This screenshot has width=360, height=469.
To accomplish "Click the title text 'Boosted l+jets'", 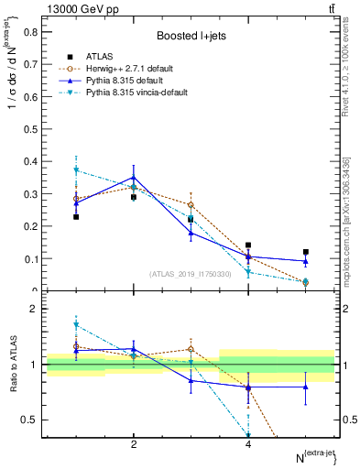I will pyautogui.click(x=191, y=36).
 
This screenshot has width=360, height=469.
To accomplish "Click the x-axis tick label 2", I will pyautogui.click(x=134, y=444).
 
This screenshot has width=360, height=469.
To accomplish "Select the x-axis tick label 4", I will pyautogui.click(x=248, y=444).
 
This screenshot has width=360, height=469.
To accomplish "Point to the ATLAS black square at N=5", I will pyautogui.click(x=306, y=252).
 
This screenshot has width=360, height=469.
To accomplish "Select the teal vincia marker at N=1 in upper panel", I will pyautogui.click(x=76, y=170).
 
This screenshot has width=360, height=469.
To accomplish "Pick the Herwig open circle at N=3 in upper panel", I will pyautogui.click(x=191, y=205).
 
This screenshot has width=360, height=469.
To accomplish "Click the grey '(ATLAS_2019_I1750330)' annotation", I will pyautogui.click(x=190, y=274).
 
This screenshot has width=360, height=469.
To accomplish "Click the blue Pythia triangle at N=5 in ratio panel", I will pyautogui.click(x=306, y=387).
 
